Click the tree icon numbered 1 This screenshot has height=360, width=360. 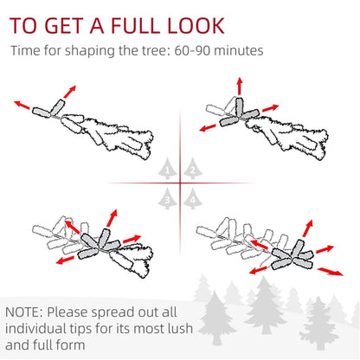170,169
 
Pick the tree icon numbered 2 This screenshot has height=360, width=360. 191,169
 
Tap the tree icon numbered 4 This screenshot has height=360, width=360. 191,198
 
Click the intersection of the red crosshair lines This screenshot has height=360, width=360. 181,183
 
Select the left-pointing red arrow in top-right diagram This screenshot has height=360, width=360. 209,127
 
